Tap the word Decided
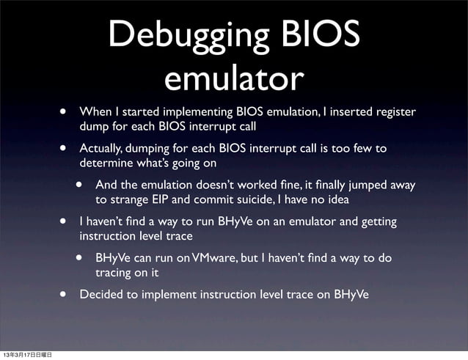(100, 295)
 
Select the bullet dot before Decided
(65, 295)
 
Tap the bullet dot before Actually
(65, 148)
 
